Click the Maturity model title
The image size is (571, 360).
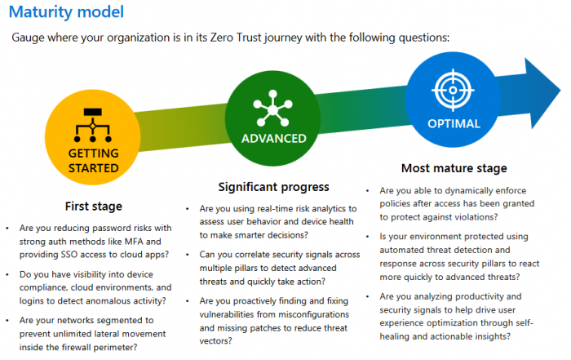(66, 12)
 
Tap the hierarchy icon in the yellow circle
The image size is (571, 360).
(92, 125)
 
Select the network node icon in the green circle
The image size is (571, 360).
(272, 109)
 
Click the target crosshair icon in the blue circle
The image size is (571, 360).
(453, 90)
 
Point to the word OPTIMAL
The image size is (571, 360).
(454, 124)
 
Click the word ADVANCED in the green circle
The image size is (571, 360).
(274, 139)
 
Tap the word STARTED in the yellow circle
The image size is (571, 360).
(94, 168)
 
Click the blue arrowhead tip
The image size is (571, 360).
(560, 91)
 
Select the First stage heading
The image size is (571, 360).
(94, 207)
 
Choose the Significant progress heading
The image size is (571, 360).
(273, 187)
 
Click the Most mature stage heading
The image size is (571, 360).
(454, 168)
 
